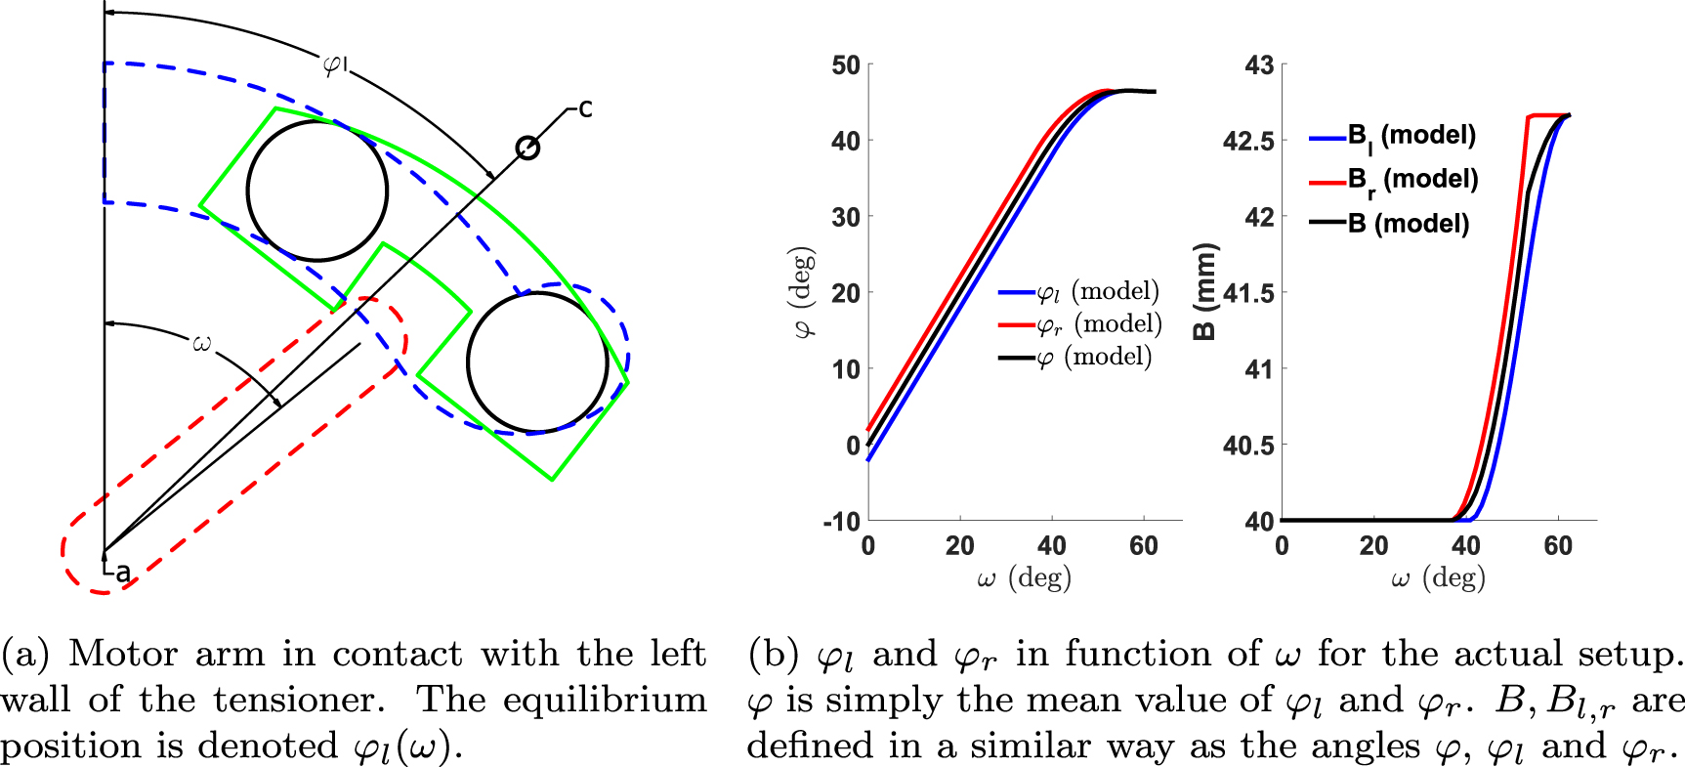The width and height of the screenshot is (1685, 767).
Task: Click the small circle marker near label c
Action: (x=527, y=148)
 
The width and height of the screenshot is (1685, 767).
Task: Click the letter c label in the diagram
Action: (x=585, y=108)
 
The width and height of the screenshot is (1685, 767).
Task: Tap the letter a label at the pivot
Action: (x=122, y=574)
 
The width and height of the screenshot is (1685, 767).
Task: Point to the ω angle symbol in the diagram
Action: (x=201, y=343)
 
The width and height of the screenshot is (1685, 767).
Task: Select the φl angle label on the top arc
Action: (x=335, y=65)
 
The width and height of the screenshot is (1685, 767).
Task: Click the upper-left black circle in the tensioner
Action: (x=316, y=191)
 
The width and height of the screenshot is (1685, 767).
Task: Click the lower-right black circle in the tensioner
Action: (x=537, y=362)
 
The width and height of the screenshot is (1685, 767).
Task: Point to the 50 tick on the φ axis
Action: (x=846, y=65)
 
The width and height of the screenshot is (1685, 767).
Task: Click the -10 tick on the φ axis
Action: (x=841, y=521)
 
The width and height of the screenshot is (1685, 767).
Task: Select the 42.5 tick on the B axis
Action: (x=1248, y=142)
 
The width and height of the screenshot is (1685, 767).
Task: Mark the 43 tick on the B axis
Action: (x=1259, y=65)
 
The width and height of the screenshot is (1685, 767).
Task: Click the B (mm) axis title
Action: (x=1205, y=291)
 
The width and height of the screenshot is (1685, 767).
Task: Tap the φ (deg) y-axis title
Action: (x=805, y=293)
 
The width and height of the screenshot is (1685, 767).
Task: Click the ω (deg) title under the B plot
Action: (x=1438, y=578)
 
